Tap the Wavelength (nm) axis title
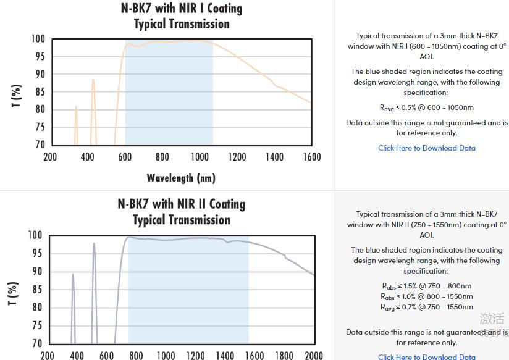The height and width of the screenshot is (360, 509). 181,178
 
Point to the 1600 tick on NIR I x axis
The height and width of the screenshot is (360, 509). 312,157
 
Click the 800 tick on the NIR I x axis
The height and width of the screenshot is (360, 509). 162,157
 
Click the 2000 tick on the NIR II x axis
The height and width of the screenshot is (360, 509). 314,355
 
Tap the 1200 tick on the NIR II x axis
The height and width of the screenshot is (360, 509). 195,355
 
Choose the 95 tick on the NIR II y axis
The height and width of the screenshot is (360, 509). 37,253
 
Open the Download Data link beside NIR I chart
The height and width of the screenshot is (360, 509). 426,148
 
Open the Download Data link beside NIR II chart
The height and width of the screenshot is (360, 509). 426,356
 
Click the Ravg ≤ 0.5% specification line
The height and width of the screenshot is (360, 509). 426,107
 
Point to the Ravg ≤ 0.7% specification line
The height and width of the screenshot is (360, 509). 426,307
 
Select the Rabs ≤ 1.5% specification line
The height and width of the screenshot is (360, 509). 426,286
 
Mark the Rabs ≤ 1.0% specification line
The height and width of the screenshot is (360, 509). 426,296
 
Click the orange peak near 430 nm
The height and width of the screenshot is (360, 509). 93,80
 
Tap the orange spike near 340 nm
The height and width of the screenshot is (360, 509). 76,107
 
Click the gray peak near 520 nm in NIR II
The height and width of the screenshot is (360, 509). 94,245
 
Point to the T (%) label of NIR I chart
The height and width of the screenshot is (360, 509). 17,96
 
